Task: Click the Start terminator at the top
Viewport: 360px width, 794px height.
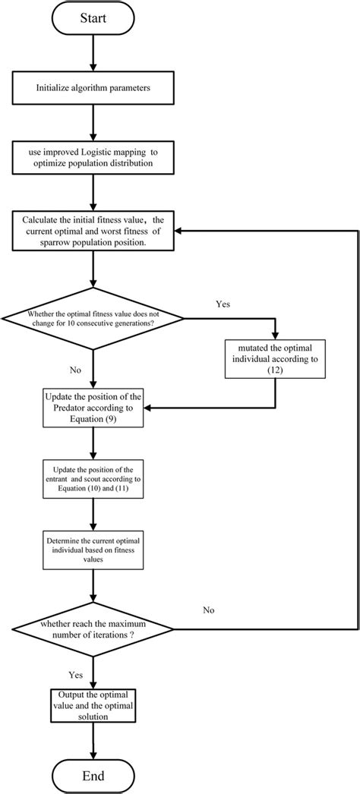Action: tap(92, 17)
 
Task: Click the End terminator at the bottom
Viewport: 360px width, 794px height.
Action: tap(92, 775)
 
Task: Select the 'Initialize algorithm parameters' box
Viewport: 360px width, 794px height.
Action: tap(92, 88)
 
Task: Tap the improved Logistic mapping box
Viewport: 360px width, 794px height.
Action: tap(92, 158)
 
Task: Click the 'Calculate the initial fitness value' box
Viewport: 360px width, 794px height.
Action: tap(92, 231)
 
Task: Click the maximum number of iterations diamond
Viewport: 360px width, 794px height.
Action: tap(92, 629)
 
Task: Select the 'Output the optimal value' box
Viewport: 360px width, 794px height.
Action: tap(92, 705)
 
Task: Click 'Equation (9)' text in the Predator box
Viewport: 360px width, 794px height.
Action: tap(92, 419)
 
